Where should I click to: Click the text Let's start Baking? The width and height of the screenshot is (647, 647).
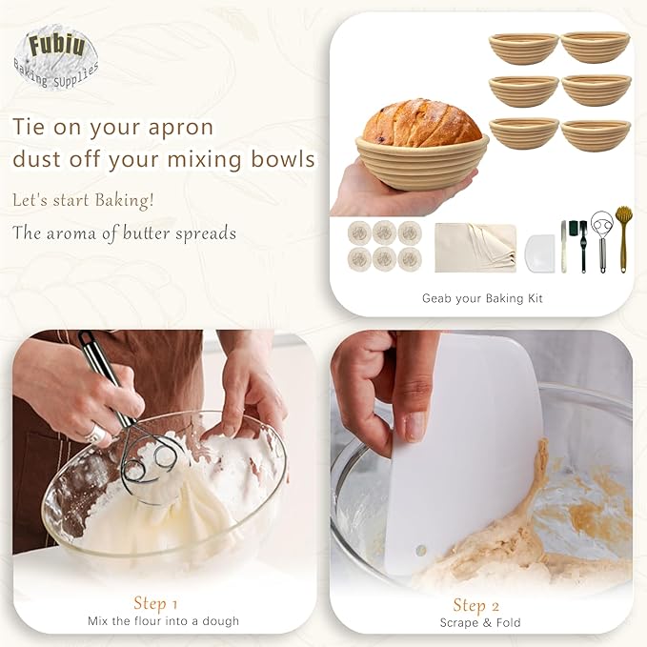(84, 200)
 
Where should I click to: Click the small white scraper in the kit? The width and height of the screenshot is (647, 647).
(538, 253)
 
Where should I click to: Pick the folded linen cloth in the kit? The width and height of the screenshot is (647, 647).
(475, 248)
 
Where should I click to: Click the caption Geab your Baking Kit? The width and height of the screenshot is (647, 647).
(482, 298)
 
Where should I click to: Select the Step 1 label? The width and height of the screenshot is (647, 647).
(155, 603)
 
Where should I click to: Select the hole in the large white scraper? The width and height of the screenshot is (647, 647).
(420, 551)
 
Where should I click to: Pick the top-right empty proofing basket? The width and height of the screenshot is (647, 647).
(596, 47)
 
